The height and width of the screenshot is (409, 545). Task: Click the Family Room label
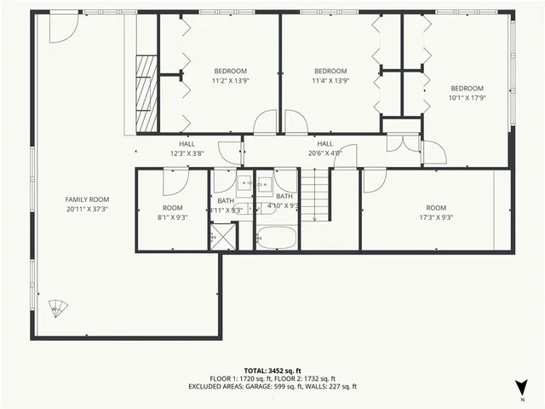(87, 204)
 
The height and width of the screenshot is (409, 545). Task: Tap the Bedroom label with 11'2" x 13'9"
(230, 76)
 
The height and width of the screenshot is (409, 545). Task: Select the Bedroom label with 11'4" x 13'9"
(330, 76)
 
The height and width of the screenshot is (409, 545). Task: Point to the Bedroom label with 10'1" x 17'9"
(467, 93)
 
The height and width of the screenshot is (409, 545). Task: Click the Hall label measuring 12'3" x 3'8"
(187, 149)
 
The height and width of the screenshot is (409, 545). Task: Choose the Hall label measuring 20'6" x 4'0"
(324, 149)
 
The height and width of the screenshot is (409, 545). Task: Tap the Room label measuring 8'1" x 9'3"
(173, 213)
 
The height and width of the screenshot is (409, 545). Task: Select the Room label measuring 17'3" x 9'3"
(435, 213)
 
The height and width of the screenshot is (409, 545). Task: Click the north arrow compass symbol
(521, 385)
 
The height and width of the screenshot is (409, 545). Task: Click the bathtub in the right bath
(275, 238)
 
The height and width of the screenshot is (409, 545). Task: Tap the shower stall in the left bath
(223, 236)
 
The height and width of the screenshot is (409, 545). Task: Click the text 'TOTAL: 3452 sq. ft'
(272, 371)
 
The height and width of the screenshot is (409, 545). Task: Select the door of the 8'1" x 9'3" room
(175, 180)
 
